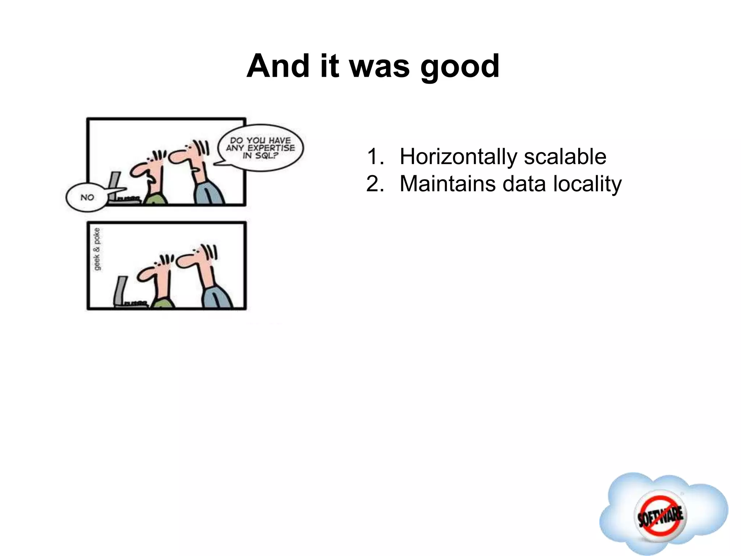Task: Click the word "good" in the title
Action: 460,67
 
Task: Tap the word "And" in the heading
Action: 278,66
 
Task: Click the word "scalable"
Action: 565,157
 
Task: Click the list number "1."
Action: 375,157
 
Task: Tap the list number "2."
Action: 375,184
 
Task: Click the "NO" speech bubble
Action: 87,197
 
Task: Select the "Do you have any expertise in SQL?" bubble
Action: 261,148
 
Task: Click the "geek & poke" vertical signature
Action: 97,249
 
